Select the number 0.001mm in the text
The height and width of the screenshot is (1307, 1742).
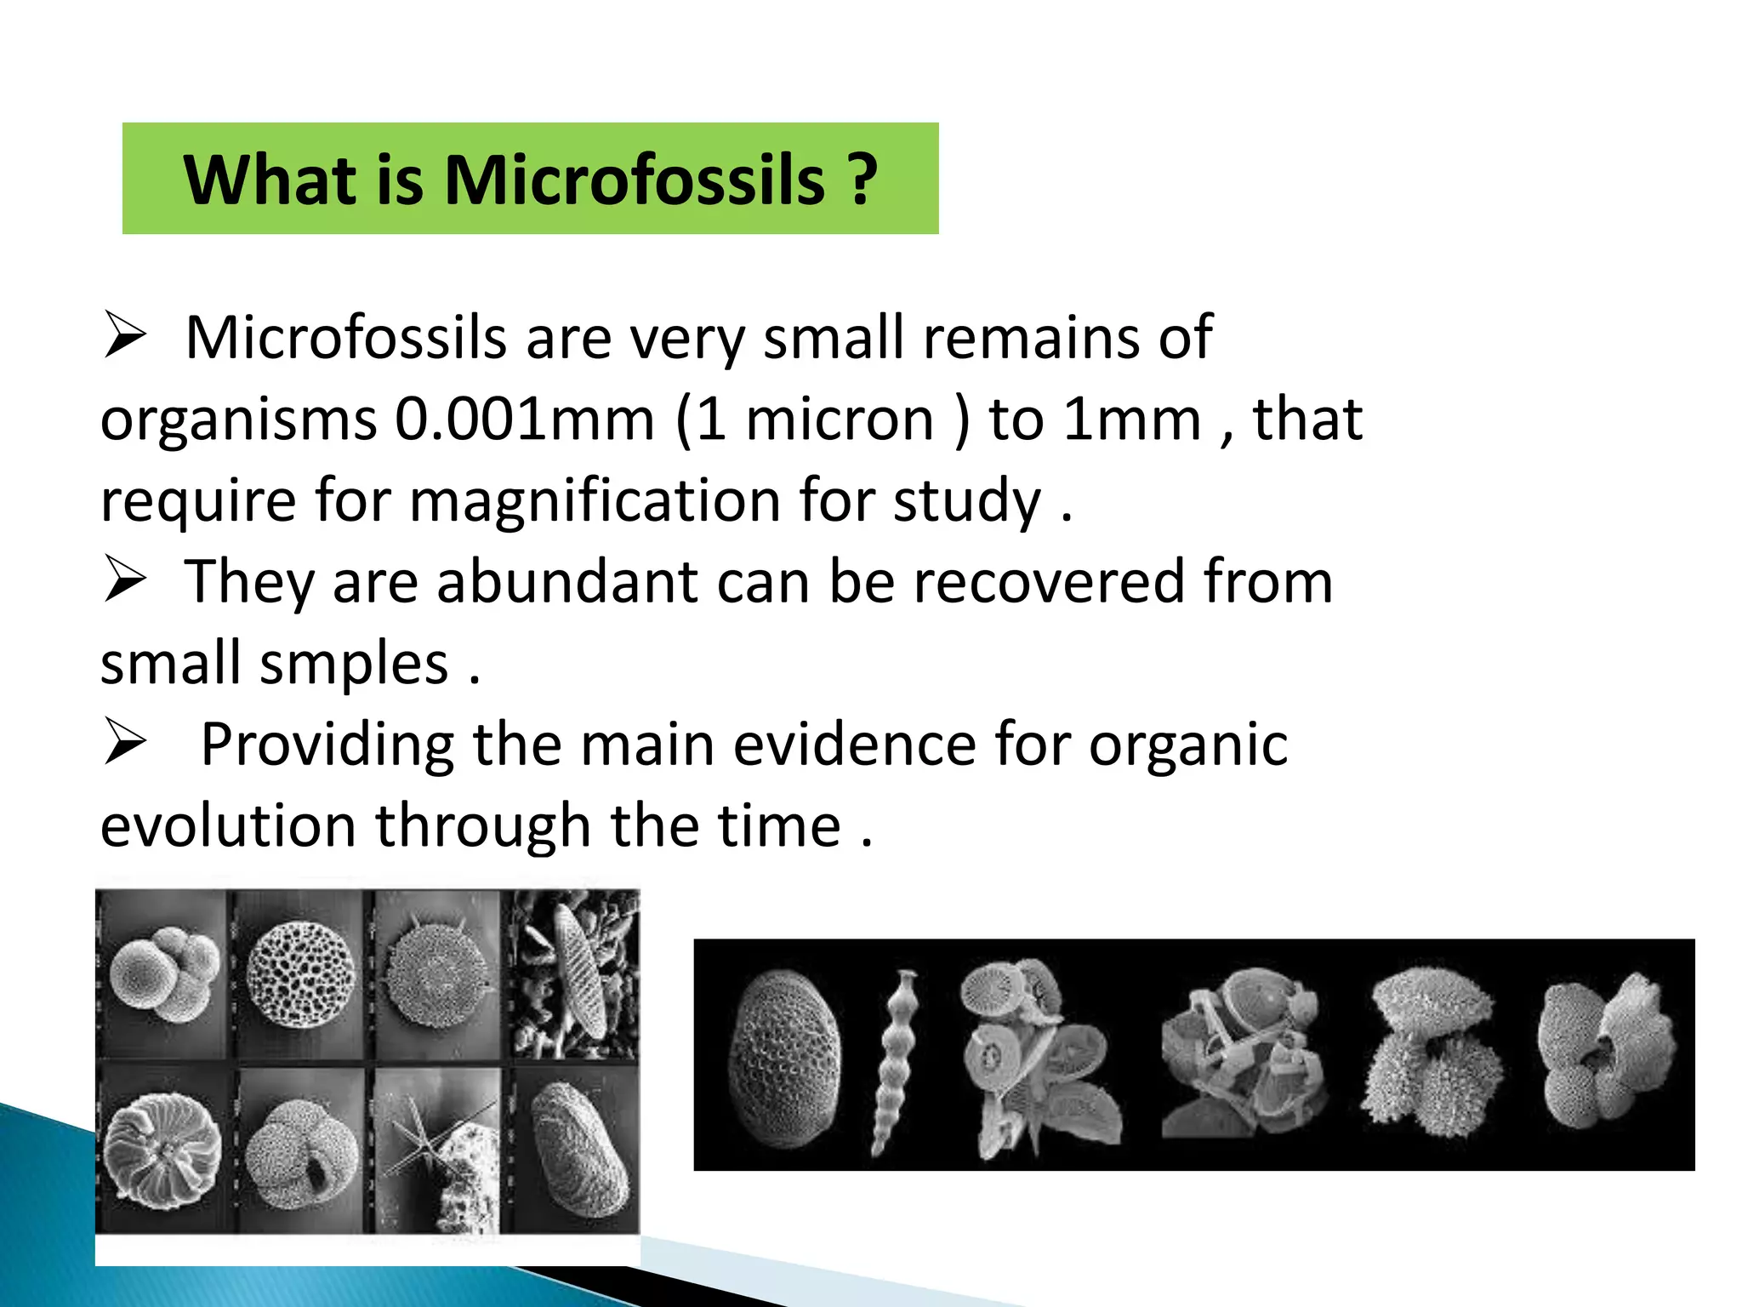(525, 419)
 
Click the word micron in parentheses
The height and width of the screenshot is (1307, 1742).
(840, 419)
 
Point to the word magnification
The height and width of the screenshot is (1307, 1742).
(595, 500)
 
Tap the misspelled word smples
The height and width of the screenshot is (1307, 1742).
(354, 664)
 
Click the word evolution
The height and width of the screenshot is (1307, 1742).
(228, 826)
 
